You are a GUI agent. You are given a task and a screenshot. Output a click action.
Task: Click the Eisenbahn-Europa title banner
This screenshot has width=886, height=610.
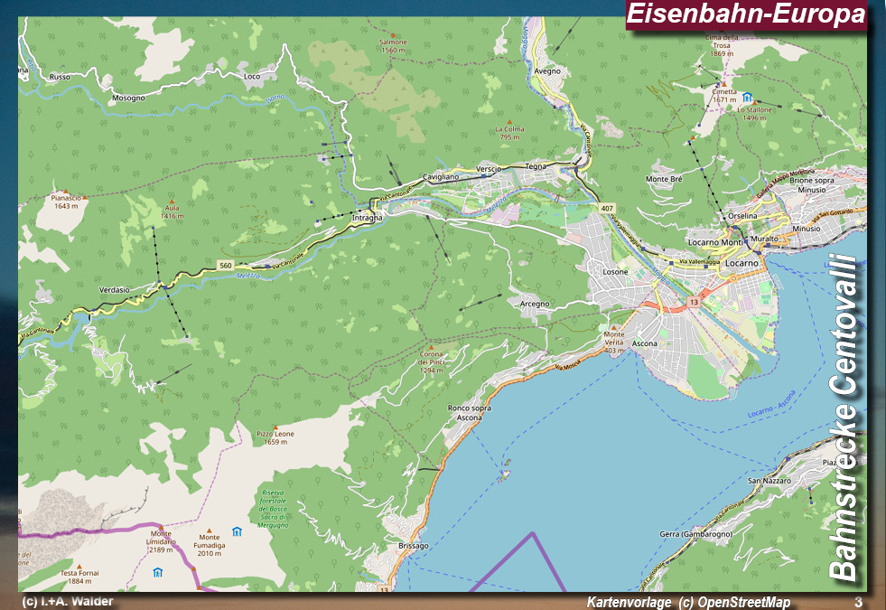[x=746, y=14]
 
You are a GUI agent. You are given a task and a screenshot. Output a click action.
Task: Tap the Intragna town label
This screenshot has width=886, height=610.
[x=367, y=218]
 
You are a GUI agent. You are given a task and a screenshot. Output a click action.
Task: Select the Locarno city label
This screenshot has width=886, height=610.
[x=741, y=261]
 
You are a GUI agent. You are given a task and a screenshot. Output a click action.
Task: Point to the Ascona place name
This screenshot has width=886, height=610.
[x=644, y=344]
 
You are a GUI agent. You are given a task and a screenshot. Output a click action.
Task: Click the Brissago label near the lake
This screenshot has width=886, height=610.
[x=413, y=546]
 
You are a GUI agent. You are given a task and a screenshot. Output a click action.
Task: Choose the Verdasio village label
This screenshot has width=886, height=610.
[x=115, y=289]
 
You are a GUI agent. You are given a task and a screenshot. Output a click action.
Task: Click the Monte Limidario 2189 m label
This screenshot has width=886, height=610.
[x=161, y=542]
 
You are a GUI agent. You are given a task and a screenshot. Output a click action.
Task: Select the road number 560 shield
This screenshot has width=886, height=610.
[x=225, y=265]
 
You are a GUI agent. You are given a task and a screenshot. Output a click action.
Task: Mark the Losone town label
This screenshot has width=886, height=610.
[x=615, y=272]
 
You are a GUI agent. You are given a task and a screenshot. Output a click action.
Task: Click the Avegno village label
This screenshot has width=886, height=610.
[x=547, y=70]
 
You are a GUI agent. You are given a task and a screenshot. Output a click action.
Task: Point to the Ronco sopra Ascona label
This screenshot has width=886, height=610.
[x=470, y=413]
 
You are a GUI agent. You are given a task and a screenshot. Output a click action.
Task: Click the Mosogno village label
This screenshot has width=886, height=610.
[x=128, y=98]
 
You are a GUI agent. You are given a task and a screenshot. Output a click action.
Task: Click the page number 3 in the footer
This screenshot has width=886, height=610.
[x=858, y=602]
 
